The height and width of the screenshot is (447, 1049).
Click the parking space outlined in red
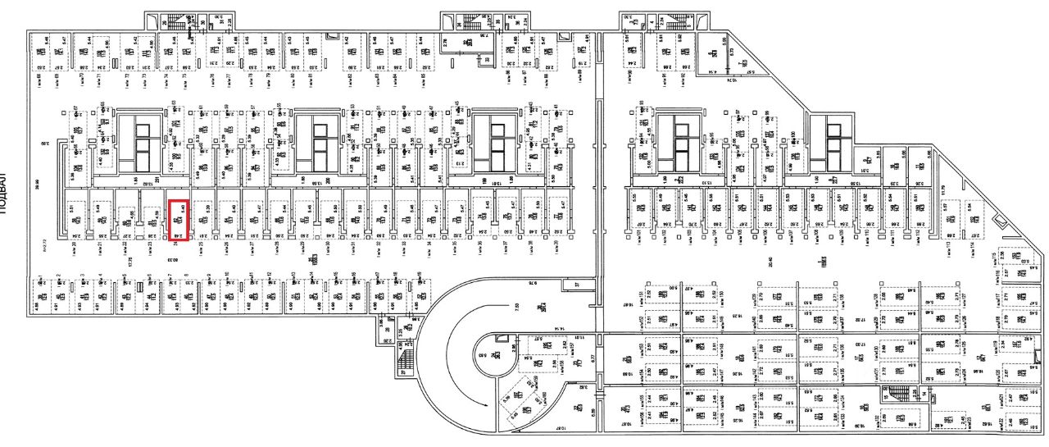click(179, 221)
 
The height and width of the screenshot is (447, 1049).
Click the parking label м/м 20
click(74, 244)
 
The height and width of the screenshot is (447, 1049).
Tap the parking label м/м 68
click(39, 79)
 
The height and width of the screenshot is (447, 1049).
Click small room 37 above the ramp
click(575, 283)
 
